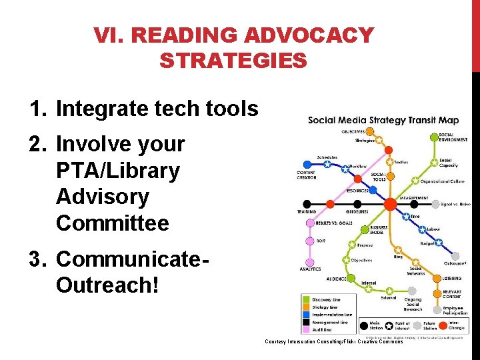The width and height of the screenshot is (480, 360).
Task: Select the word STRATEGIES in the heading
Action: click(233, 61)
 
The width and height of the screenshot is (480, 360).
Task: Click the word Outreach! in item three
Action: click(107, 285)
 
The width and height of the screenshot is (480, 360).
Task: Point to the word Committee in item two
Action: click(113, 223)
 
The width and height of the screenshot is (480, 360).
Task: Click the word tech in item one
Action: click(170, 109)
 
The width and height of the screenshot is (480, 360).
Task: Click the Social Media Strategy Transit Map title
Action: click(383, 121)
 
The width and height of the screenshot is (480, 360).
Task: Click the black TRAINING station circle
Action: click(307, 203)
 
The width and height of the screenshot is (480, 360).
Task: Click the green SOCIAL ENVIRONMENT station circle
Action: click(434, 137)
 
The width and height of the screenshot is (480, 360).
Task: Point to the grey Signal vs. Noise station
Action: click(435, 204)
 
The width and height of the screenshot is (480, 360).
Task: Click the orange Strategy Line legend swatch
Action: click(307, 308)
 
